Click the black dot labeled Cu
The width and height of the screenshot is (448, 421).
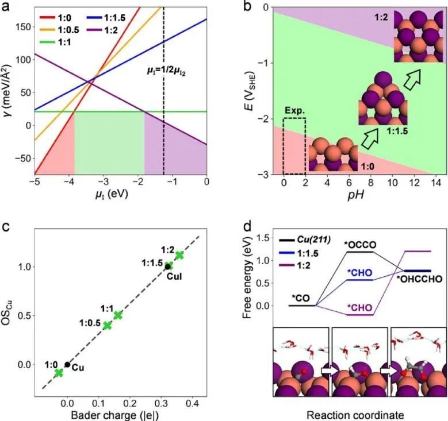click(67, 364)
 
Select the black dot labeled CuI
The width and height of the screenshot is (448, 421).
click(168, 266)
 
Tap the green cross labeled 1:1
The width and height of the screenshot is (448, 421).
click(118, 315)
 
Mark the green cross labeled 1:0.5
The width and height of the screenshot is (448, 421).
click(107, 325)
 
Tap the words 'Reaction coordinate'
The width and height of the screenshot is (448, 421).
click(358, 413)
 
